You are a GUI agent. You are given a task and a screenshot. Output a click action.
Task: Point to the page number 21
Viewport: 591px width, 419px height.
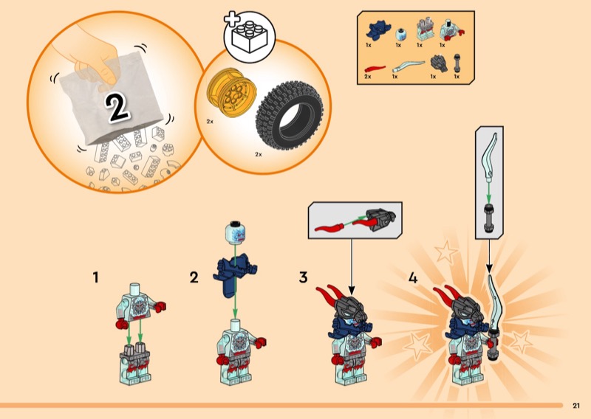coord(576,404)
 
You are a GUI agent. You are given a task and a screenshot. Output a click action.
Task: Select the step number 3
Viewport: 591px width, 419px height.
coord(303,278)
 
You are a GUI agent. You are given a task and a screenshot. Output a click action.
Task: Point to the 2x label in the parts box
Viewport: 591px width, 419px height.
coord(369,77)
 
